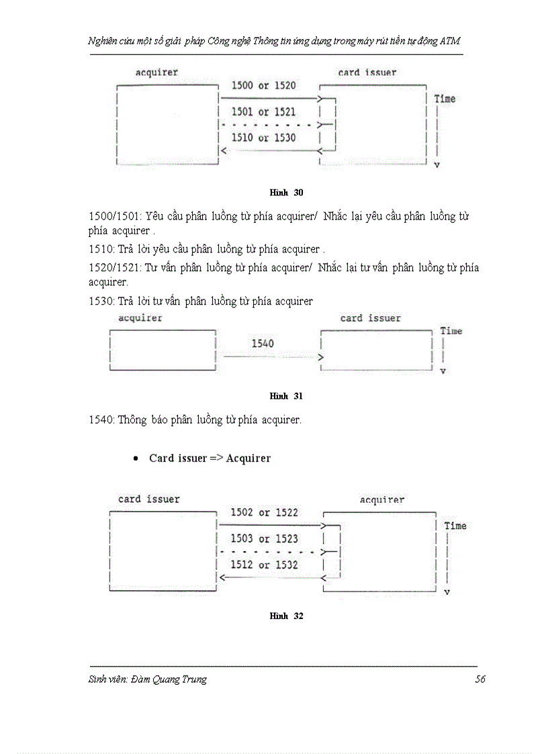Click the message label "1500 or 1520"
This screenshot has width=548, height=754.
[x=263, y=86]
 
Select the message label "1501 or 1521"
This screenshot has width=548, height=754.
[x=263, y=112]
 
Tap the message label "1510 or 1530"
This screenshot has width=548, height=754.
[x=263, y=138]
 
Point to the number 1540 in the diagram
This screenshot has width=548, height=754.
[x=263, y=344]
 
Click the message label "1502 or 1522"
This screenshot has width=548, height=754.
[x=264, y=513]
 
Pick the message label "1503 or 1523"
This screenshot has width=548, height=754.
[x=264, y=539]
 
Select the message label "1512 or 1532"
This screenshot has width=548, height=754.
[x=264, y=565]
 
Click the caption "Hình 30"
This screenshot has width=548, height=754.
[x=286, y=193]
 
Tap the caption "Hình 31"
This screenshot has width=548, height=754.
[x=286, y=396]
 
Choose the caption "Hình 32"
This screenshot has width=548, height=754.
[x=286, y=616]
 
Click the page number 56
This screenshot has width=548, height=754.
[x=479, y=679]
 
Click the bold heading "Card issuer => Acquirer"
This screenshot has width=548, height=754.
[x=210, y=459]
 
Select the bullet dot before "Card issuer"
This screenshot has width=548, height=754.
[x=136, y=459]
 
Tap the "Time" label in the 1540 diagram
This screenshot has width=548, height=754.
[x=451, y=331]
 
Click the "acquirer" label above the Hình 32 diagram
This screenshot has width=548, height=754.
[x=381, y=500]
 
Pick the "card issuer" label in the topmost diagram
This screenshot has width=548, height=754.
[x=367, y=73]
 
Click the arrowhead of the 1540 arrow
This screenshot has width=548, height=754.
[x=321, y=357]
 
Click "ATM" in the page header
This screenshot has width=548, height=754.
[x=451, y=41]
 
